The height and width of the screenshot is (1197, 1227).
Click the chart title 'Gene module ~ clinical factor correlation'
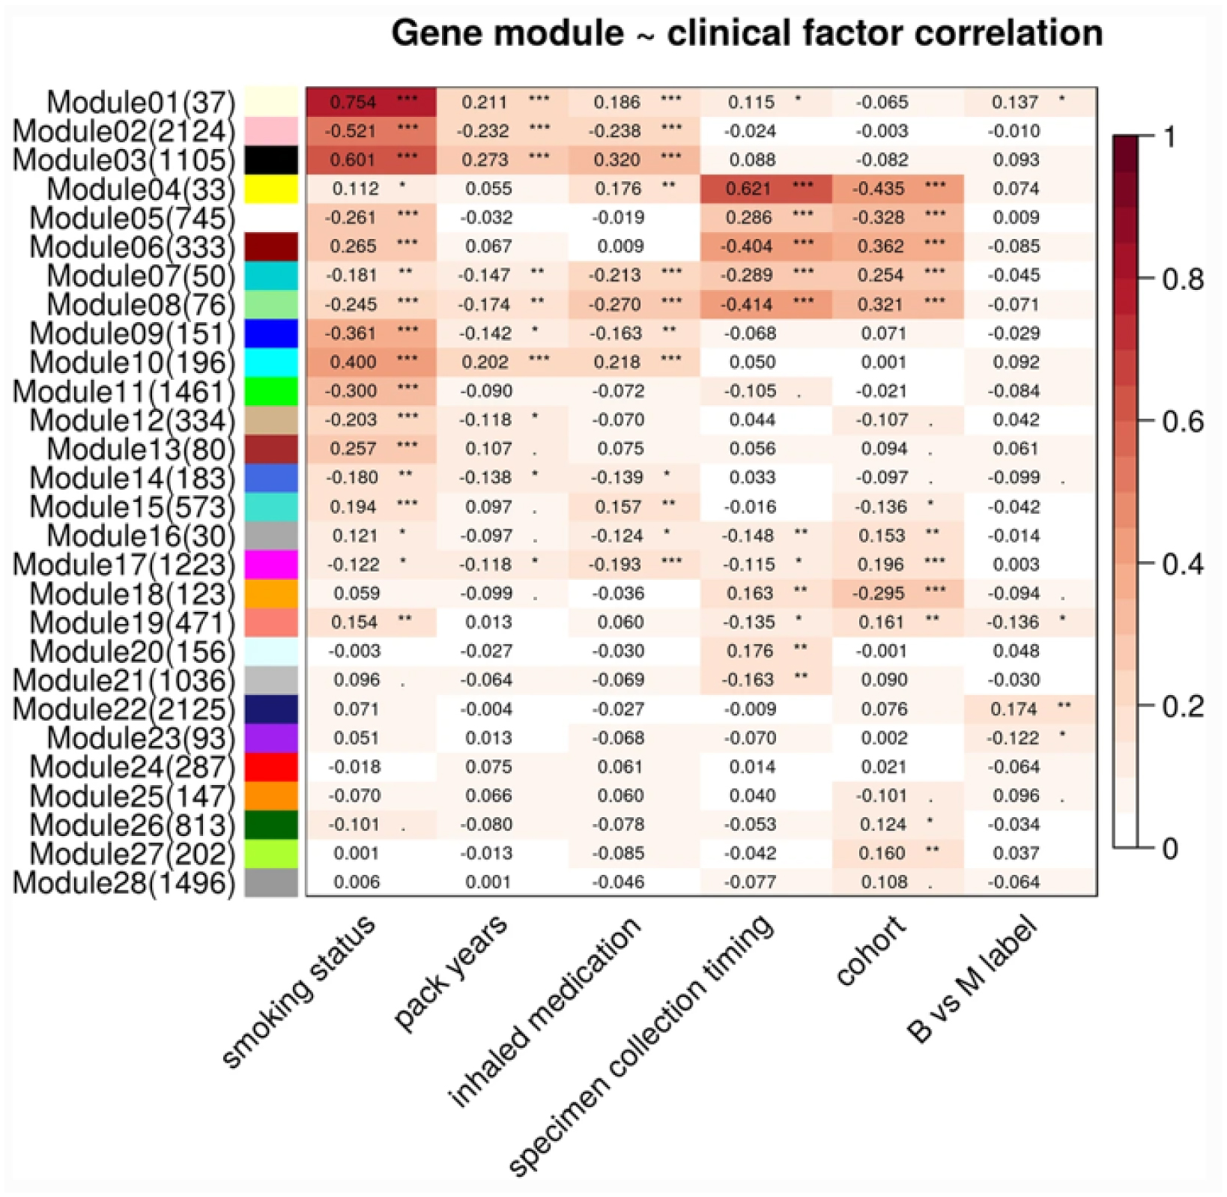click(x=746, y=34)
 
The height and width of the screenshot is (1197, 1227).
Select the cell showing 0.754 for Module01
click(x=371, y=102)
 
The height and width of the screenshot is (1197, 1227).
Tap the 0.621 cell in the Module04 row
click(x=766, y=189)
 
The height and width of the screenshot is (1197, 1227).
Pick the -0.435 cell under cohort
click(x=897, y=189)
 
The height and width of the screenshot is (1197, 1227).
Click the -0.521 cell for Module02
click(x=371, y=131)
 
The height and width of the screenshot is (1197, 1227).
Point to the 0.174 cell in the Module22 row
click(x=1030, y=709)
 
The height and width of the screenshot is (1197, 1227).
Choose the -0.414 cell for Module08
click(x=766, y=304)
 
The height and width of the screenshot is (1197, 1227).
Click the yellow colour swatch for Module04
click(x=271, y=189)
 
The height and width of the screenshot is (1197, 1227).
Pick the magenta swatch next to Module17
click(x=271, y=565)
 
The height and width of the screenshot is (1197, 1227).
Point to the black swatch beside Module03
click(x=271, y=160)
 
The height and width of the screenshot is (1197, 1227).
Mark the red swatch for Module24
click(x=271, y=767)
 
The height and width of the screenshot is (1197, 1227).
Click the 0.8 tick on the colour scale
click(x=1182, y=280)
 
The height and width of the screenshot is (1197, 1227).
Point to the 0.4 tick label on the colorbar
click(x=1182, y=564)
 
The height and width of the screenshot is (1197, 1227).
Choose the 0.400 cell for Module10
click(x=371, y=363)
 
